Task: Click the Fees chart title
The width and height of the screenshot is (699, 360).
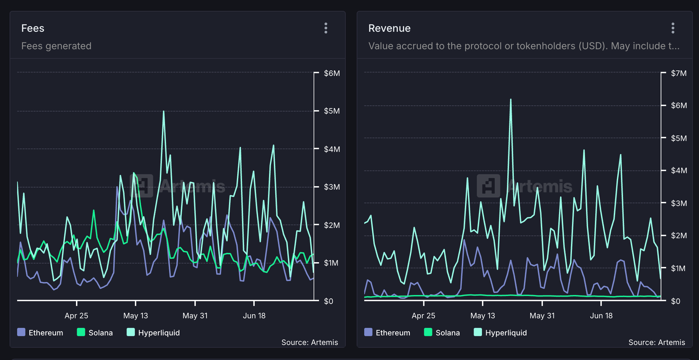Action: pos(33,28)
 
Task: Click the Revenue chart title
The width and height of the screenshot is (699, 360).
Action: pos(389,28)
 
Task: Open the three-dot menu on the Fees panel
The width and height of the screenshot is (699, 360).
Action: pos(326,28)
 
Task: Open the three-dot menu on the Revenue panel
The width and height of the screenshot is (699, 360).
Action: pos(673,28)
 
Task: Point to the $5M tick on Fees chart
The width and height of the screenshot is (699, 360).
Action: pos(332,111)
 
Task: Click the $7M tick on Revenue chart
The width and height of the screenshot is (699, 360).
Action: pos(678,73)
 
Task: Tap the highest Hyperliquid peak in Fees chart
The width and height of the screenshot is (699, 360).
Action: pos(164,111)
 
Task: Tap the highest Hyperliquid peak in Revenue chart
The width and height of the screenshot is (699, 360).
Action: pos(511,100)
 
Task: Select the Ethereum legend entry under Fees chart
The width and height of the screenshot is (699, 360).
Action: pos(40,332)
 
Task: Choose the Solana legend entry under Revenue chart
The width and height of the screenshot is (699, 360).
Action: pos(442,332)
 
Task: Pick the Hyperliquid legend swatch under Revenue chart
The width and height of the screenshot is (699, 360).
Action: pos(478,332)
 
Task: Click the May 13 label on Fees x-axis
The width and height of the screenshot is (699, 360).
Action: pos(135,315)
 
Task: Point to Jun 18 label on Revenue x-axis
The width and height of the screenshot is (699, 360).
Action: pos(601,315)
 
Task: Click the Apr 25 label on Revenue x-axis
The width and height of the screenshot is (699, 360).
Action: pos(423,315)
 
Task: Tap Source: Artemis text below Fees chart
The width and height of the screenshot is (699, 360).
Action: pos(309,342)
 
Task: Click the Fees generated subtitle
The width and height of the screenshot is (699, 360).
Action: pos(56,46)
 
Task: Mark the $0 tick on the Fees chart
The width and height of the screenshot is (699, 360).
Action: pos(329,301)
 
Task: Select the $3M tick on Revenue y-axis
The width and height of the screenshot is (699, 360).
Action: pos(678,203)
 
